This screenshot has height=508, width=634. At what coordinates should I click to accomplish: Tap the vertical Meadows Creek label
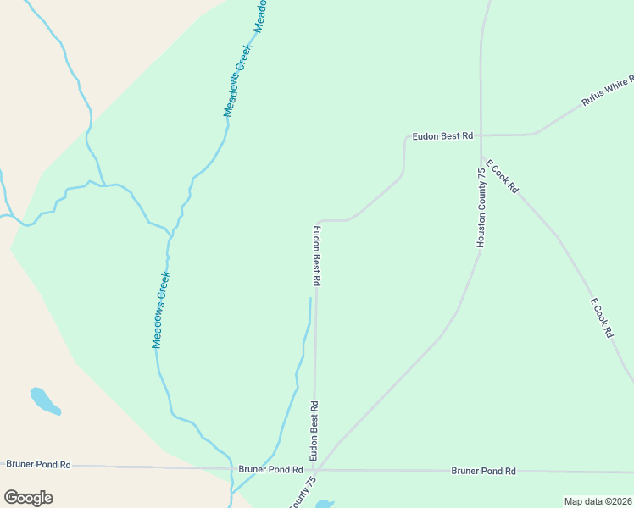pyautogui.click(x=161, y=310)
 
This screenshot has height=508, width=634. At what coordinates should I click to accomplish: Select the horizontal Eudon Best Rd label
pyautogui.click(x=442, y=135)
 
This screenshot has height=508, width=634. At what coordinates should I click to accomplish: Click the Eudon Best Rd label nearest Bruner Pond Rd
pyautogui.click(x=314, y=428)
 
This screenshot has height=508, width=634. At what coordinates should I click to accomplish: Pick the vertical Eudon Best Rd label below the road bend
pyautogui.click(x=316, y=254)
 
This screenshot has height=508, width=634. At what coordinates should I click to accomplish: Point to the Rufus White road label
pyautogui.click(x=608, y=91)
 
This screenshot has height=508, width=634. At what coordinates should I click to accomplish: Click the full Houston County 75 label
pyautogui.click(x=481, y=207)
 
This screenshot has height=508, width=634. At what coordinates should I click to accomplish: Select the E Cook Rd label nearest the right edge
pyautogui.click(x=601, y=318)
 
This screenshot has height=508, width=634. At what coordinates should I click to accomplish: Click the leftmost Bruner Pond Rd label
pyautogui.click(x=39, y=464)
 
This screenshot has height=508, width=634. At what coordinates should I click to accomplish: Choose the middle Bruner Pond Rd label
pyautogui.click(x=270, y=469)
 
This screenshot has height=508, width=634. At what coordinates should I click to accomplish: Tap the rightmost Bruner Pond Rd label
pyautogui.click(x=483, y=471)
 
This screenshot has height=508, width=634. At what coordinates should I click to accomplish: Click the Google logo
pyautogui.click(x=28, y=498)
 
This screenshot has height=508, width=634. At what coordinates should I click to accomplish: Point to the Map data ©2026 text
pyautogui.click(x=597, y=501)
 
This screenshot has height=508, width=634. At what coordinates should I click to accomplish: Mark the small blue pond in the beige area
pyautogui.click(x=44, y=401)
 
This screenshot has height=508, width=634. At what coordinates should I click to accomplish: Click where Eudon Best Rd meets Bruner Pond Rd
pyautogui.click(x=314, y=469)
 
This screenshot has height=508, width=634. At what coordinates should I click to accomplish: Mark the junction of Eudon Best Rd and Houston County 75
pyautogui.click(x=481, y=135)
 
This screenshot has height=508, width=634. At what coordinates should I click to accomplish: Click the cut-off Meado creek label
pyautogui.click(x=262, y=14)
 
